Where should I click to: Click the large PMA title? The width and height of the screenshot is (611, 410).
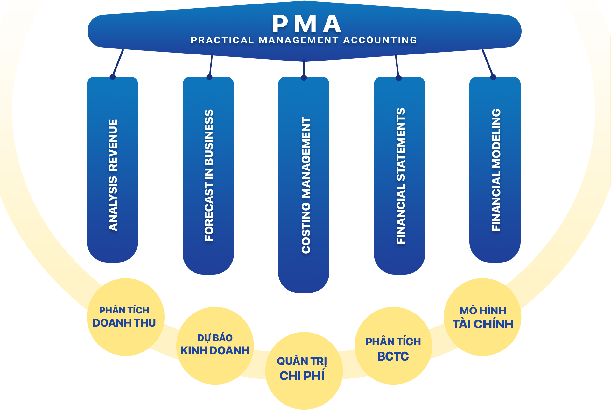pos(306,24)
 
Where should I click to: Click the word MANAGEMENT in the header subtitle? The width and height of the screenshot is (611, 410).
pos(298,40)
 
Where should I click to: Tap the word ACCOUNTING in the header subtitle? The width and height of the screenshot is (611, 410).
pos(380,40)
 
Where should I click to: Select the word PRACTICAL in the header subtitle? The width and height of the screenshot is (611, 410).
pos(222,40)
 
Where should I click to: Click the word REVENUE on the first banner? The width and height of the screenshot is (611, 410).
pos(113,145)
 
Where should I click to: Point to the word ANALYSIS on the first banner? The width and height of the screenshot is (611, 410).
pos(113,204)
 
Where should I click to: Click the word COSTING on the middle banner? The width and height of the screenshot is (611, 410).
pos(306,228)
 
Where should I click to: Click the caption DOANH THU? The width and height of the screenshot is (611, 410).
pos(124,323)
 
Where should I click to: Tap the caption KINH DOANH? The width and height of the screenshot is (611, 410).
pos(215,350)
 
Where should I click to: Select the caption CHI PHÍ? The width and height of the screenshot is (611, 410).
pos(302,376)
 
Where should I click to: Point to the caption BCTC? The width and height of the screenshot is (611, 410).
pos(393,356)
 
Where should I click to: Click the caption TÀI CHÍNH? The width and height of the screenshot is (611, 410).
pos(483,324)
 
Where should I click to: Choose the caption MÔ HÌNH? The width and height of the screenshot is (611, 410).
pos(483,311)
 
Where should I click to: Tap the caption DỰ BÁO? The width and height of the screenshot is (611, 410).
pos(215,338)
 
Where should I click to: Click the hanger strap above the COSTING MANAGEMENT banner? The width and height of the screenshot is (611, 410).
pos(304,68)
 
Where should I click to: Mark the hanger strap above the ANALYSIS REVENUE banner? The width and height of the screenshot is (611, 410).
pos(118,62)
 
